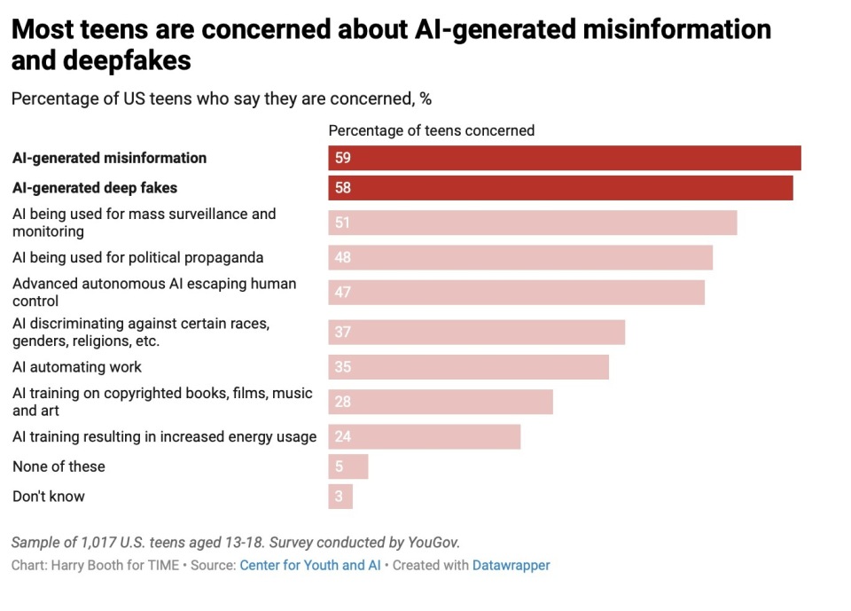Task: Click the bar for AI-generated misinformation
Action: coord(565,158)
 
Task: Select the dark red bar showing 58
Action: coord(560,188)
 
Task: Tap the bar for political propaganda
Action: coord(520,258)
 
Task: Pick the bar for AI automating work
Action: coord(468,367)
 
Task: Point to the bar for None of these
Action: coord(348,466)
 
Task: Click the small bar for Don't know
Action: coord(340,497)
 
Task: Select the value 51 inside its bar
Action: coord(343,223)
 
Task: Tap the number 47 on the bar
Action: coord(343,293)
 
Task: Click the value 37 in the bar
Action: coord(343,333)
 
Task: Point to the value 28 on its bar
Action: coord(343,402)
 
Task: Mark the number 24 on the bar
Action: coord(343,437)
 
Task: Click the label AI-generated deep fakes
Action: coord(95,188)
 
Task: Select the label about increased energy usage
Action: coord(164,437)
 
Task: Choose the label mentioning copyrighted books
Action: coord(162,402)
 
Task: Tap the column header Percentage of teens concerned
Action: coord(432,130)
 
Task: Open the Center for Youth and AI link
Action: coord(310,565)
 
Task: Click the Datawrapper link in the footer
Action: coord(511,565)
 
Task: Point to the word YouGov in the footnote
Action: coord(433,542)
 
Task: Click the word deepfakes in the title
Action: coord(102,61)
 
